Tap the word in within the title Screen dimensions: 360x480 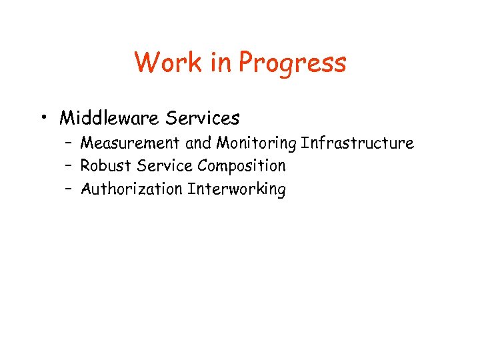(220, 63)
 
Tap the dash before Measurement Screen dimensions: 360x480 (69, 143)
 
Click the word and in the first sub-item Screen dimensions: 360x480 (198, 143)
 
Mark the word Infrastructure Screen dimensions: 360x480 (357, 143)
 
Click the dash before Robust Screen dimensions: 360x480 (69, 166)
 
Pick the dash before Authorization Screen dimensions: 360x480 (69, 189)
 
